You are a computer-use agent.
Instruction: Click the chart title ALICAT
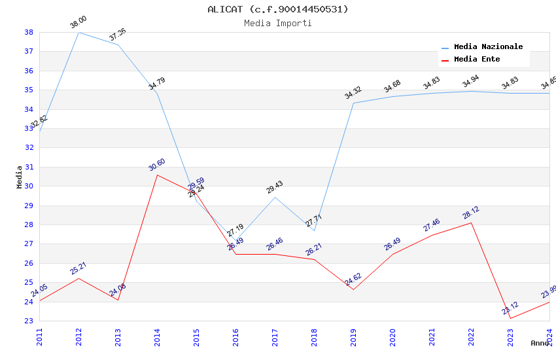pos(278,9)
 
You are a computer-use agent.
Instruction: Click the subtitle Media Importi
pos(278,24)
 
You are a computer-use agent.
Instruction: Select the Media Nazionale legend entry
pos(488,47)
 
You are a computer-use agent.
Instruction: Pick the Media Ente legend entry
pos(477,60)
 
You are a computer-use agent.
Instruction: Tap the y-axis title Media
pos(19,177)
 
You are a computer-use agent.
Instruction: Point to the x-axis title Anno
pos(540,343)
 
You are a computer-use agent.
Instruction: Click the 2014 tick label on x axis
pos(157,336)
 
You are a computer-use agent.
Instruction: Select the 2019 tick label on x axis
pos(353,336)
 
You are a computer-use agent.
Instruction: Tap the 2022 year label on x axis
pos(471,336)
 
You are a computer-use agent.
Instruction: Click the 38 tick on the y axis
pos(29,32)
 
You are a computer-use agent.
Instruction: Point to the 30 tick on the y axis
pos(29,186)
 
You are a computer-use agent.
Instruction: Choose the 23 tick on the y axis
pos(29,321)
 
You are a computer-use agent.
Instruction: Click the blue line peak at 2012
pos(78,32)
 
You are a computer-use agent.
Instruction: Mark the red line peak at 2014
pos(157,175)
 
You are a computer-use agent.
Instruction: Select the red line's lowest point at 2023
pos(510,319)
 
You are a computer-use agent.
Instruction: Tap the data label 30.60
pos(157,164)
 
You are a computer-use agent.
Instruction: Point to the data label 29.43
pos(275,188)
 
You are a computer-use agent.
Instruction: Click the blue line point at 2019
pos(353,103)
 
